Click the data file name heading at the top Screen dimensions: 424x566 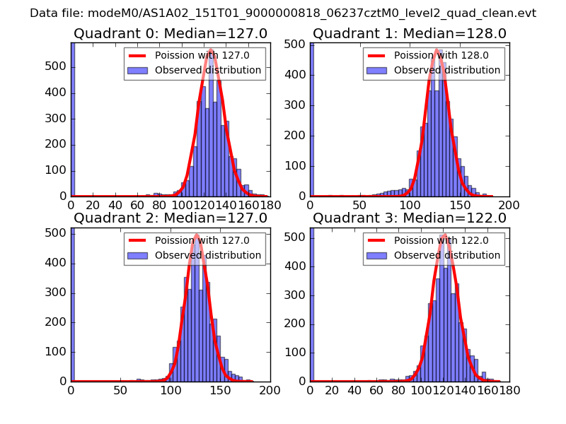[x=283, y=13]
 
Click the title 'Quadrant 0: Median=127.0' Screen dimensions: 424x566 [x=171, y=34]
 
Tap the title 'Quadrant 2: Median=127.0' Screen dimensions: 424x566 [x=171, y=218]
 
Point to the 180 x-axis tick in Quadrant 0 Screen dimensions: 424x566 [x=260, y=204]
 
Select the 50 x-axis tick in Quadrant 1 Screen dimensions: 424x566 [x=360, y=204]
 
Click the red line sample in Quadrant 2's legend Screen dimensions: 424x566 [x=138, y=240]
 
